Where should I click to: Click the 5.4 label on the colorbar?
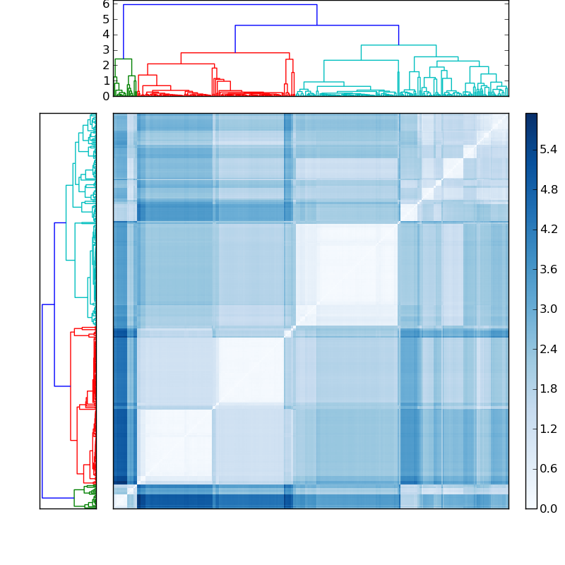(x=549, y=150)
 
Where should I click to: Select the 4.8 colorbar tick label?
(x=549, y=189)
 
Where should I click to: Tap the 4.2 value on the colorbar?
(x=549, y=229)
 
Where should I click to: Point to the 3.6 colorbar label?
(x=549, y=269)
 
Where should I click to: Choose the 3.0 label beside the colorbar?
(x=549, y=309)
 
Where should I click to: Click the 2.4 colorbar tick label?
(x=549, y=349)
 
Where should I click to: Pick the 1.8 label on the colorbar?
(x=549, y=388)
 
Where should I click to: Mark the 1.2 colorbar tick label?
(x=549, y=429)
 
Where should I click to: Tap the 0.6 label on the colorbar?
(x=549, y=468)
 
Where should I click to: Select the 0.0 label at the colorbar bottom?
(x=549, y=509)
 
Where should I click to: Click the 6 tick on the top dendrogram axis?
(x=105, y=4)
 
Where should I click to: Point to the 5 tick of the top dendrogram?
(x=105, y=19)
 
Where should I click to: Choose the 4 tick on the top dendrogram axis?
(x=105, y=35)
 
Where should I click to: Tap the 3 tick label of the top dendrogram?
(x=105, y=50)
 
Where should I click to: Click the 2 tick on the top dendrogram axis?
(x=105, y=66)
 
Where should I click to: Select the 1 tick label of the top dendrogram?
(x=105, y=81)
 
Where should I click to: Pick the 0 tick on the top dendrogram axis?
(x=105, y=96)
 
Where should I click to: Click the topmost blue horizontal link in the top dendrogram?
(x=220, y=5)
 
